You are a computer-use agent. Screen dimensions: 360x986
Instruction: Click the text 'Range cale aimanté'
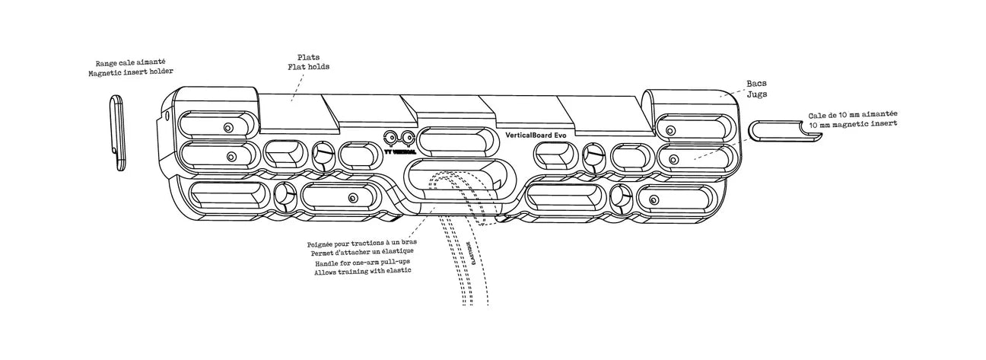pos(130,64)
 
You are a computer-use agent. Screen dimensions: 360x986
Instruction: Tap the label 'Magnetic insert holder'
pos(130,72)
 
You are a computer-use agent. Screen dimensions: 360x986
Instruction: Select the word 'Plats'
pos(308,57)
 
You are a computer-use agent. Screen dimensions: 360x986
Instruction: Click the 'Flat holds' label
pos(308,67)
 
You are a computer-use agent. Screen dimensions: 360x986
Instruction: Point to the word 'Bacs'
pos(756,85)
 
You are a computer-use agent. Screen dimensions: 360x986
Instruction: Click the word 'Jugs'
pos(756,95)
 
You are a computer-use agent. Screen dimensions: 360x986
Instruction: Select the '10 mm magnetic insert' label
pos(851,123)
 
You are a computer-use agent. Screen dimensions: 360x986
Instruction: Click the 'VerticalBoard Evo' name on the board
pos(536,135)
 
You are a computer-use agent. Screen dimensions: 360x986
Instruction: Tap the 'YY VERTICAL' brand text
pos(399,151)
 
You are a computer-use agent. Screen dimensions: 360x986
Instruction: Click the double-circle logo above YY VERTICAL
pos(399,139)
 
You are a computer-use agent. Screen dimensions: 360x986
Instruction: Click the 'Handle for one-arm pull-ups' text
pos(361,263)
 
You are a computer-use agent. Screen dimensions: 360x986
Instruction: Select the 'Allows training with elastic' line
pos(362,272)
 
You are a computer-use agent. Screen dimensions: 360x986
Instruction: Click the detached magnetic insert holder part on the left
pos(118,133)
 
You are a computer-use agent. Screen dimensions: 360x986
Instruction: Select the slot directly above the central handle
pos(455,142)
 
